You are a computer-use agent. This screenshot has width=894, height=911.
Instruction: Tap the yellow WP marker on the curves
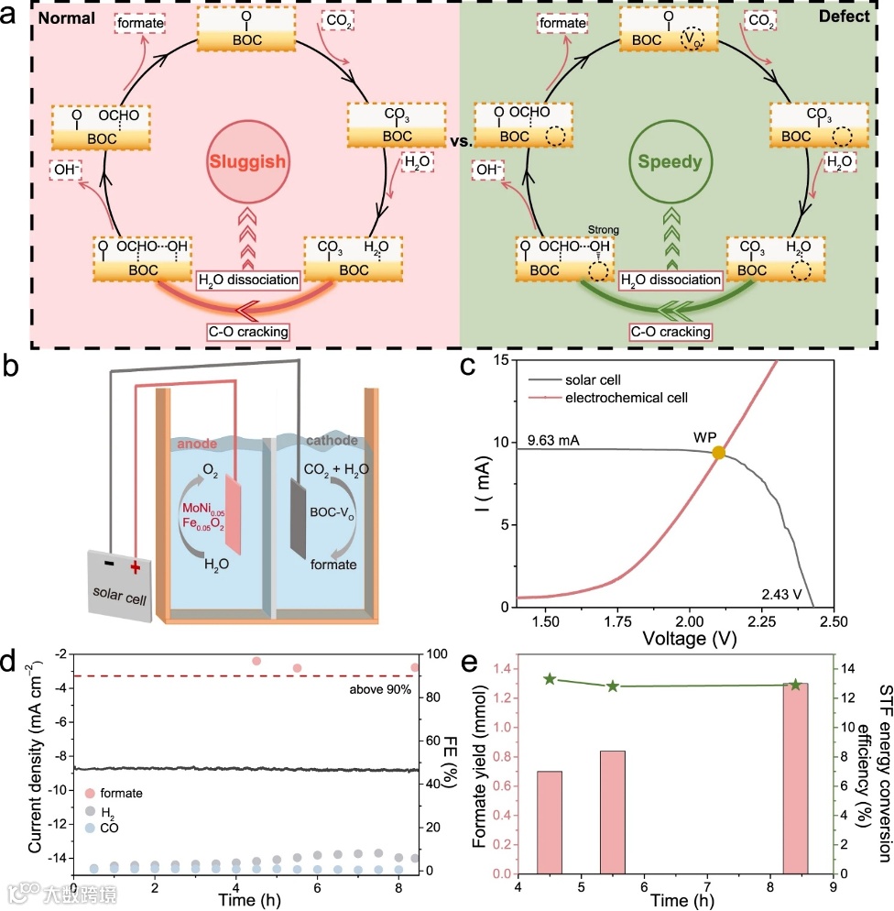tap(719, 452)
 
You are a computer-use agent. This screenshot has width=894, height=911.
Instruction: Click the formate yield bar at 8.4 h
tap(795, 778)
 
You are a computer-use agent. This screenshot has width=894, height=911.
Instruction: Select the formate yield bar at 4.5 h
tap(550, 822)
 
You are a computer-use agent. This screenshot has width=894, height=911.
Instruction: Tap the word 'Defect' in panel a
tap(850, 16)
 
